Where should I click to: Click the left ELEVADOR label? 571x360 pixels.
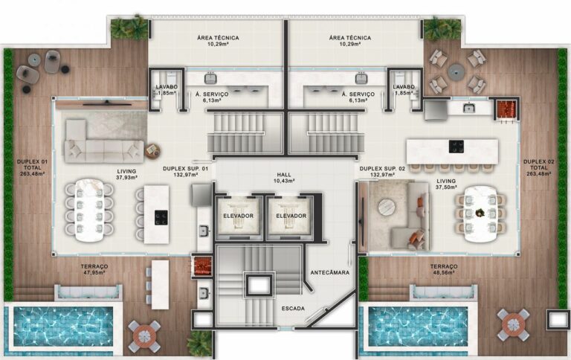click(x=238, y=216)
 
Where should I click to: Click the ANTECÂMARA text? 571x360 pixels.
click(x=330, y=273)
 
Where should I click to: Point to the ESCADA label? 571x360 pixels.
click(x=294, y=308)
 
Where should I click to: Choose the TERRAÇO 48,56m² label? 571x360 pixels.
click(x=443, y=269)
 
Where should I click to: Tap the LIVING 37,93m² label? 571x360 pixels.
click(x=126, y=174)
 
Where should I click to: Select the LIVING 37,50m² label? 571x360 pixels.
click(x=446, y=184)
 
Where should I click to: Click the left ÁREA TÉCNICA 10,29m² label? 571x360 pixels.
click(x=218, y=41)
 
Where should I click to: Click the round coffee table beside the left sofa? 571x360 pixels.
click(x=152, y=150)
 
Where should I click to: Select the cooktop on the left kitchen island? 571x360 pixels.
click(x=160, y=217)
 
